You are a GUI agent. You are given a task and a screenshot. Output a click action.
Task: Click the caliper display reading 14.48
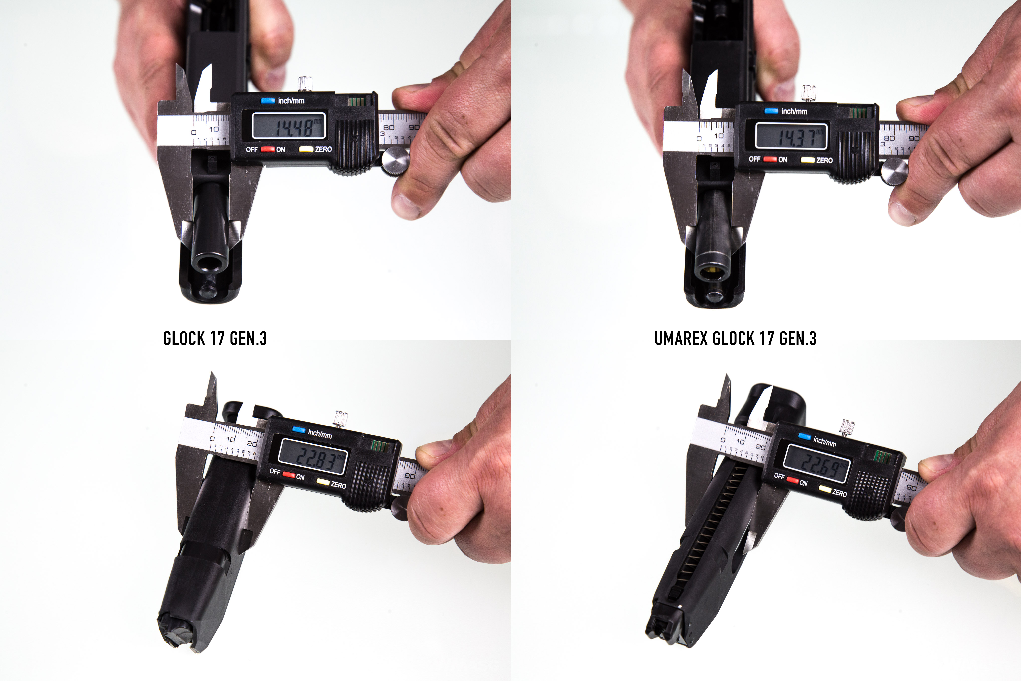[x=289, y=126]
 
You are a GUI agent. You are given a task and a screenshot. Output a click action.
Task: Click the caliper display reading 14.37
[x=791, y=136]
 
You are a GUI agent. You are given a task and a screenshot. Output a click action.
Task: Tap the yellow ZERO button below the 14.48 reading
[x=306, y=149]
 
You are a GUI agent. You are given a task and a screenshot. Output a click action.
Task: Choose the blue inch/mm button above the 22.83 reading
[x=299, y=429]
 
